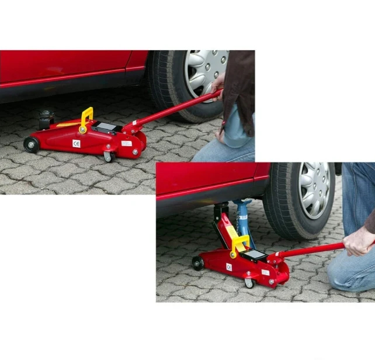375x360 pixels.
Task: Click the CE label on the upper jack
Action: [x=76, y=143]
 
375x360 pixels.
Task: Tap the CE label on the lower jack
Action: [x=229, y=267]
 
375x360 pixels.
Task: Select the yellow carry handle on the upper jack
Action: [x=86, y=119]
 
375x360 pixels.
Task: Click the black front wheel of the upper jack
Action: [x=31, y=145]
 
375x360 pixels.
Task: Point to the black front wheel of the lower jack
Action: [x=198, y=264]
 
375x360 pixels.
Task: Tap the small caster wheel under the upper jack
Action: [x=107, y=156]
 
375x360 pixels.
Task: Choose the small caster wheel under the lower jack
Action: [x=249, y=283]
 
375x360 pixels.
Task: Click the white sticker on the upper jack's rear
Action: [x=126, y=143]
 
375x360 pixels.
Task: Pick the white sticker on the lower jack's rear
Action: [x=265, y=272]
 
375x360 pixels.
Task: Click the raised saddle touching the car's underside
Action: [x=221, y=208]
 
